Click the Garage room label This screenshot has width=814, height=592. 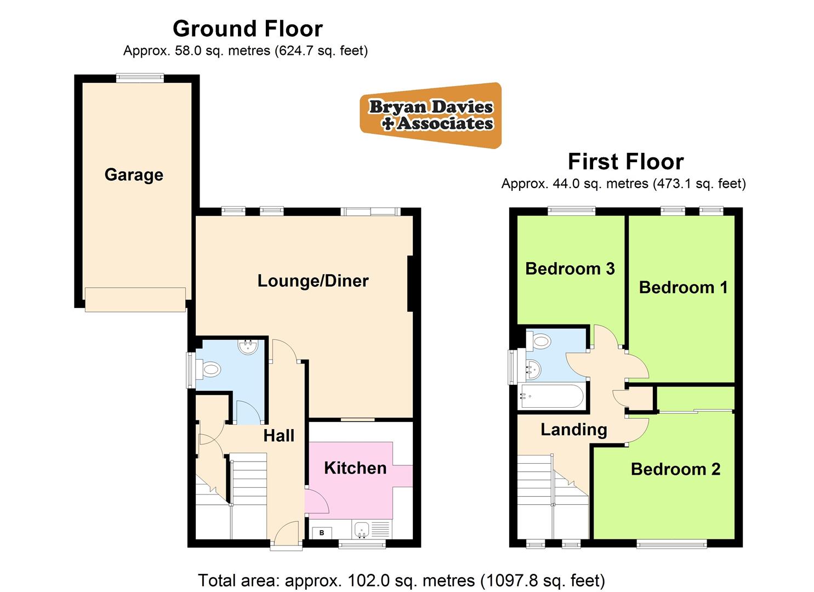coord(134,175)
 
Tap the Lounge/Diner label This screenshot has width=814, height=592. coord(313,281)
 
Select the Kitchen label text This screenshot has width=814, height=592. coord(355,468)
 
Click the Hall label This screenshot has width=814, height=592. coord(278,436)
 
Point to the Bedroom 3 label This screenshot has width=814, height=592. coord(570,269)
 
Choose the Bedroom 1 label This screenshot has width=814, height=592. coord(683,287)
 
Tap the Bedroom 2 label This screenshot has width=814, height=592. coord(675,469)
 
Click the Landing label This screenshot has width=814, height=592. coord(573,429)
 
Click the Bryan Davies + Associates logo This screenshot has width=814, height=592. coord(431,115)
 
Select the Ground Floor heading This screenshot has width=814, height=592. coord(248,29)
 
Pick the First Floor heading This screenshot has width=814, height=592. coord(625,162)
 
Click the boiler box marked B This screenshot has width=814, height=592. coord(322,532)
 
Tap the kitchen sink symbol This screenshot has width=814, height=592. coord(361,530)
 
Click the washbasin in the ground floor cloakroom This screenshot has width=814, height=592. coord(249,346)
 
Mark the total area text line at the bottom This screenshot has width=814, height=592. coord(401,580)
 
